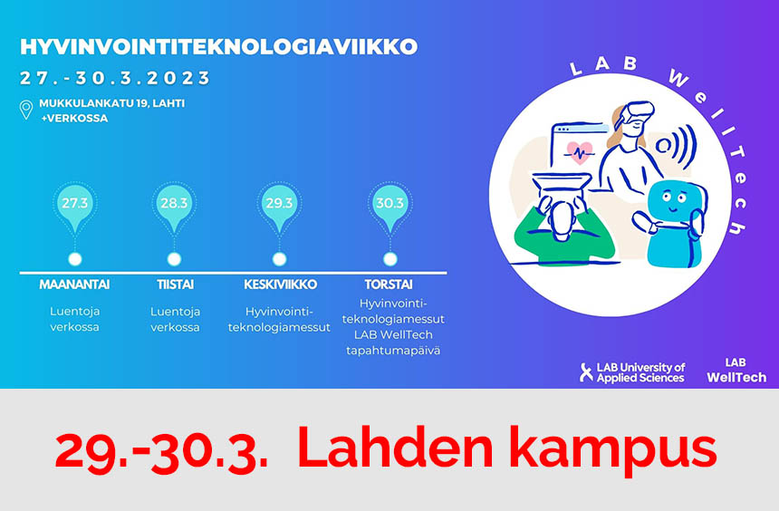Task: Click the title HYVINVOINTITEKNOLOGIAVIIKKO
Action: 218,47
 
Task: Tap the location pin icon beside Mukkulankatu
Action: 26,110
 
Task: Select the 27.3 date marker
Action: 74,207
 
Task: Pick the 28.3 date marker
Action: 174,207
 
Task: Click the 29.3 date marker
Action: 279,207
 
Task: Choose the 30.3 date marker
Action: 390,207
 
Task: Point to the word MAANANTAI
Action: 74,284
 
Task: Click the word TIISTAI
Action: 176,284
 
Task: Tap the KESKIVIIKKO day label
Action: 280,284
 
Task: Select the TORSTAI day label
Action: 389,284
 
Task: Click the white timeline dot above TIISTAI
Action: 174,259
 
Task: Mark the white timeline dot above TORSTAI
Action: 390,259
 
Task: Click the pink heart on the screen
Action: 580,152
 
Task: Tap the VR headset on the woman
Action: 638,114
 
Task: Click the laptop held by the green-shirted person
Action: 562,185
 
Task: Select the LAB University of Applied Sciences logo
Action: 632,372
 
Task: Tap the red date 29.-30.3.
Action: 161,450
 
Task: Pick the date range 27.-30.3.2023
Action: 115,78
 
